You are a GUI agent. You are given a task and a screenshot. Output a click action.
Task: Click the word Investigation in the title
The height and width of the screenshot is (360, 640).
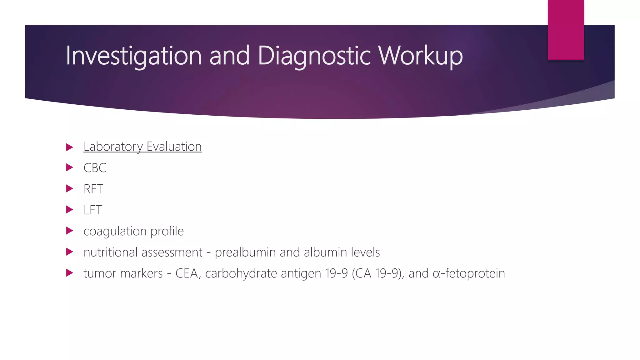pos(134,56)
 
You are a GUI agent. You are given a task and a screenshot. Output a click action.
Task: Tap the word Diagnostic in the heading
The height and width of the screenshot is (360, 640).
pos(314,56)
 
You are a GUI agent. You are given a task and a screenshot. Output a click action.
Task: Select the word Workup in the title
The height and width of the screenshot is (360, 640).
pos(420,56)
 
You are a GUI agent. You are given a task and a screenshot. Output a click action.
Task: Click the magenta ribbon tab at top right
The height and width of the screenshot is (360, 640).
pos(566,30)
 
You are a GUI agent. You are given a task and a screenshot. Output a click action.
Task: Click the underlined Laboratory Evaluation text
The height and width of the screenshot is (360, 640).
pos(142,147)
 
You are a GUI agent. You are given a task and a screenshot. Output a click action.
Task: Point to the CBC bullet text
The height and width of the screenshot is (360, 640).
pos(95,168)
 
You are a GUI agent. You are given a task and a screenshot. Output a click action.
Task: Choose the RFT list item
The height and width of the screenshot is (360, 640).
pos(93,189)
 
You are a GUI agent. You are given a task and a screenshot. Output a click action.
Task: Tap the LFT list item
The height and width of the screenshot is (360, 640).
pos(92,210)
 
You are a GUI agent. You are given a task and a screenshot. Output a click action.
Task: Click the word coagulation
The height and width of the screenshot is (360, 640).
pos(115,231)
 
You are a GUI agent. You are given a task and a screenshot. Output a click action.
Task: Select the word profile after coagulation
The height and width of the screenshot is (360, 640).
pos(167,231)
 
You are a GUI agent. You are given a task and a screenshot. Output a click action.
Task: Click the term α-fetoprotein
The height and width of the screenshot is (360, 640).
pos(469,273)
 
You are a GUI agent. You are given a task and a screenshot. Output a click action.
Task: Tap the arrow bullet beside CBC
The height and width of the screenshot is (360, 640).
pos(70,167)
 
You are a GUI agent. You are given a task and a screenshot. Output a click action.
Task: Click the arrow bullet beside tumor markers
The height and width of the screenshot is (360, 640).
pos(70,273)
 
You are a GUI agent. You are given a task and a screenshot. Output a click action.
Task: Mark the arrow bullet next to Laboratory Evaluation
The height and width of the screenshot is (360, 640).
pos(70,147)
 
